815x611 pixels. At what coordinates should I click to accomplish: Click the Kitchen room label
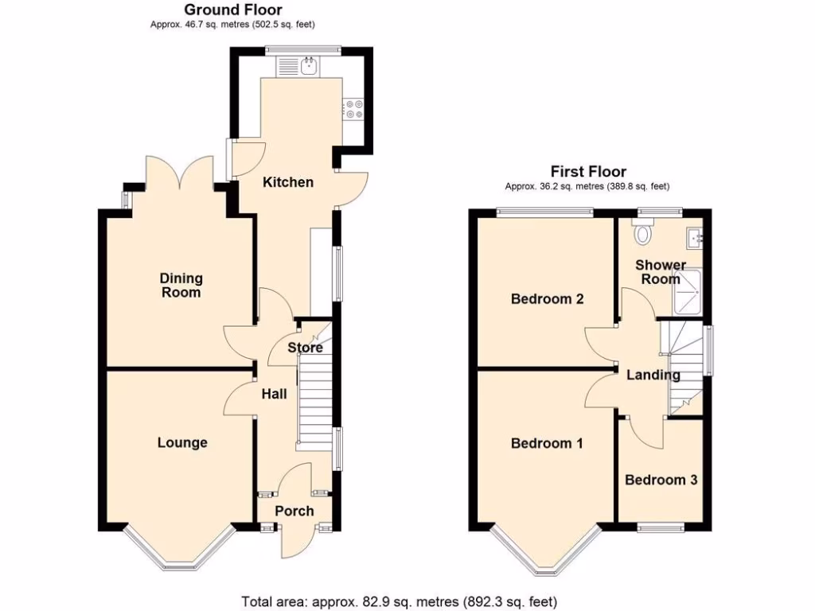coord(288,182)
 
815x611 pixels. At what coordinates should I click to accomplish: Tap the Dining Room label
coord(181,286)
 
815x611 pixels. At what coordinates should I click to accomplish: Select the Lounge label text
coord(182,443)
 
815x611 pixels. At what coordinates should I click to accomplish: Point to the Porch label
coord(294,511)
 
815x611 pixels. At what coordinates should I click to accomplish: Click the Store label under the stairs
coord(305,348)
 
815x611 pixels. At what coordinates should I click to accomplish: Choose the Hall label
coord(274,393)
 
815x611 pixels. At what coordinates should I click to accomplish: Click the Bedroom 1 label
coord(547,443)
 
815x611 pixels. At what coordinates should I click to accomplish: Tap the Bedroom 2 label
coord(548,299)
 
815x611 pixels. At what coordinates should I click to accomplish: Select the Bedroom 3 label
coord(661,480)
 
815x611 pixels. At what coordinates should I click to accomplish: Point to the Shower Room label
coord(660,271)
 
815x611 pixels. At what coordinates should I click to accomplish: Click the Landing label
coord(652,375)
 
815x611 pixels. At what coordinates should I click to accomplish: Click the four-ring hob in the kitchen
coord(353,109)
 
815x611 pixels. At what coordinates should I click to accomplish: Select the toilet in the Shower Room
coord(643,233)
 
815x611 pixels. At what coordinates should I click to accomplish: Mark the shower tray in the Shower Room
coord(688,291)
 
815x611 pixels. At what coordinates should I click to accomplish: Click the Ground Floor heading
coord(222,10)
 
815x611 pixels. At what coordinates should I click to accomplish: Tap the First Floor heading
coord(588,172)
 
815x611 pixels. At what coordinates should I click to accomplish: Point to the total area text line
coord(404,601)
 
